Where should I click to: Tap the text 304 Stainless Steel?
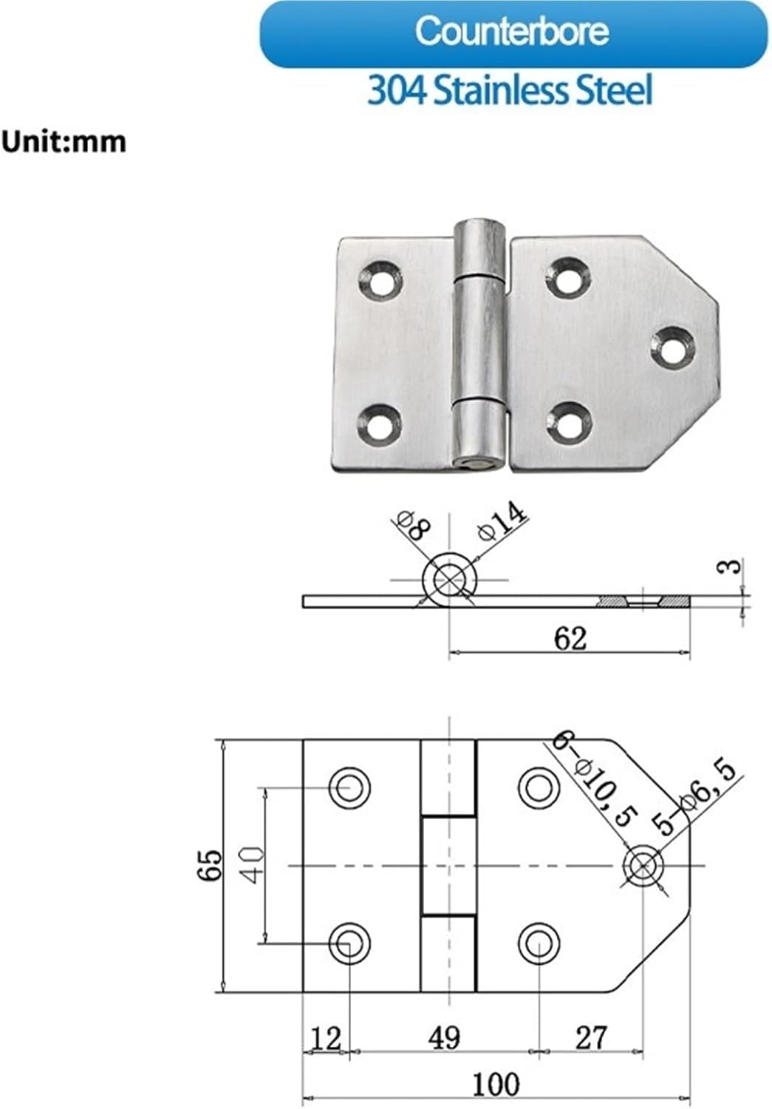pos(510,91)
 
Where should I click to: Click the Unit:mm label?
pos(64,141)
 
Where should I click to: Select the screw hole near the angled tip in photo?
pos(674,346)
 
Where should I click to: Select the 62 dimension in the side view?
pos(570,638)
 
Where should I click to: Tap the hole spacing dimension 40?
pos(253,864)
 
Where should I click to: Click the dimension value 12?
pos(325,1038)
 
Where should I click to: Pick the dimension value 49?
pos(444,1037)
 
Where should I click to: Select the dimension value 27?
pos(590,1037)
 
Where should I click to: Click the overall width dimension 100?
pos(496,1085)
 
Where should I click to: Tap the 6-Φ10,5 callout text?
pos(595,779)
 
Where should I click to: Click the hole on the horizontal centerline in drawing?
pos(643,865)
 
